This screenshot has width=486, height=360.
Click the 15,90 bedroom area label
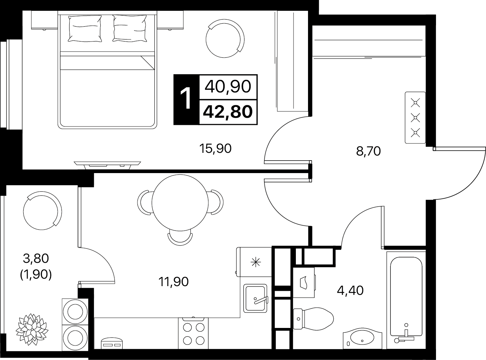click(215, 148)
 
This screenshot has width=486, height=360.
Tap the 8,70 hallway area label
click(368, 151)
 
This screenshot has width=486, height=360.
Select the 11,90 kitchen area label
click(173, 282)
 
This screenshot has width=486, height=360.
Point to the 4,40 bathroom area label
click(350, 290)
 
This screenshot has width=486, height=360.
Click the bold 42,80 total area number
click(228, 112)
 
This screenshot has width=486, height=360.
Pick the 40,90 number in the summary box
click(228, 86)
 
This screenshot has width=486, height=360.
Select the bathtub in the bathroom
click(406, 300)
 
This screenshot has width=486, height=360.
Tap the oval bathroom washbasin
click(362, 341)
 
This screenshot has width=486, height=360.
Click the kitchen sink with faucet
click(255, 299)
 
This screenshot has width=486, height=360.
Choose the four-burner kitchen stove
click(193, 333)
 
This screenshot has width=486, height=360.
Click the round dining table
click(180, 202)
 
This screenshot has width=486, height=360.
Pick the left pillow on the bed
click(85, 28)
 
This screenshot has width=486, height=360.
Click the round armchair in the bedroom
click(225, 38)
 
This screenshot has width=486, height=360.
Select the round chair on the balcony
click(42, 211)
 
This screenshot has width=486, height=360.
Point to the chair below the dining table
click(180, 238)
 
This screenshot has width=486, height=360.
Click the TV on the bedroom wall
click(107, 165)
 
